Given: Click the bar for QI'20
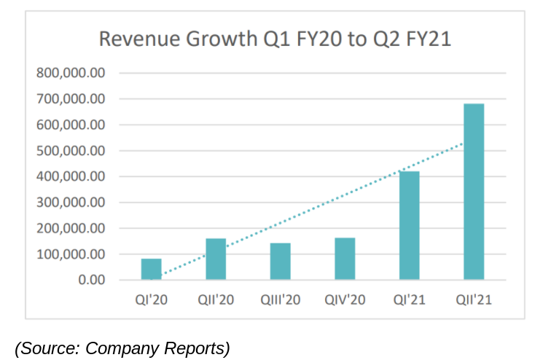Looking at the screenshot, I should (x=152, y=269).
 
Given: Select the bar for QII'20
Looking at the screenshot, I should (x=216, y=259).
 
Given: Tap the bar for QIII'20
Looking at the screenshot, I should (x=280, y=262).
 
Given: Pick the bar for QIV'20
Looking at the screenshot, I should (x=345, y=259).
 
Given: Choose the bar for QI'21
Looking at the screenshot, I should (x=409, y=225).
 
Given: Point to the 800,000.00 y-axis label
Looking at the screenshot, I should (x=71, y=73).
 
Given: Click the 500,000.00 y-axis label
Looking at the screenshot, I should (x=71, y=151).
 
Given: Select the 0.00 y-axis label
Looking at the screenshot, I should (x=90, y=280).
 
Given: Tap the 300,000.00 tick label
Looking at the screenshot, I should (x=71, y=203).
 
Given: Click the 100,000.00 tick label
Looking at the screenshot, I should (x=71, y=254).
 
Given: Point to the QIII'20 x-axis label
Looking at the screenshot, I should (x=281, y=300).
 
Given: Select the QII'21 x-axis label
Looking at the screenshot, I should (x=474, y=300).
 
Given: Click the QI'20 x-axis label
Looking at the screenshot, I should (x=152, y=300).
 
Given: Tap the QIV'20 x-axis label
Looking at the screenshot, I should (x=345, y=300).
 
